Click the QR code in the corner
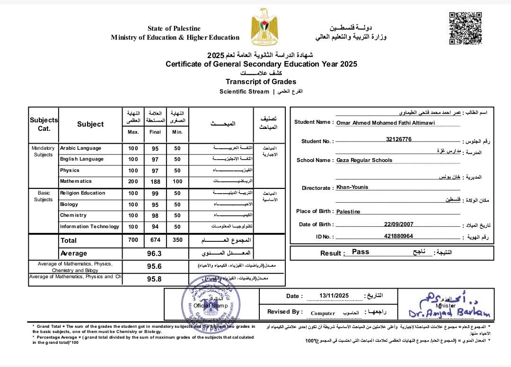click(x=465, y=28)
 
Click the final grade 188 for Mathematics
click(x=155, y=181)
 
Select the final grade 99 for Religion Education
click(x=155, y=193)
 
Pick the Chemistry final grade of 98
click(x=155, y=215)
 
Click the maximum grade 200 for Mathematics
click(x=133, y=181)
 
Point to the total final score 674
click(x=155, y=240)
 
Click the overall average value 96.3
click(x=155, y=254)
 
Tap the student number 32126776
click(x=398, y=139)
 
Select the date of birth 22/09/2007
click(x=398, y=224)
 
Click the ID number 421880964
click(x=398, y=236)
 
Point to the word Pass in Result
click(x=361, y=252)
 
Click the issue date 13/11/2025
click(x=334, y=296)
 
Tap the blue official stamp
click(x=211, y=302)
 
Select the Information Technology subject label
click(x=89, y=227)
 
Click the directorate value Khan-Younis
click(x=352, y=187)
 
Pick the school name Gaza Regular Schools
click(x=364, y=160)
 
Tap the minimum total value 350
click(x=177, y=240)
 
